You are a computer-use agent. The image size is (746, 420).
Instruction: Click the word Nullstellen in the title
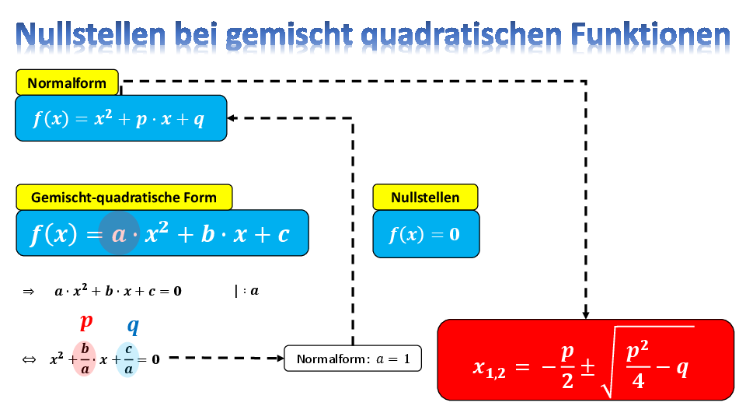pos(91,35)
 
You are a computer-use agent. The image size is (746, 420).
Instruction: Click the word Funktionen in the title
pos(650,35)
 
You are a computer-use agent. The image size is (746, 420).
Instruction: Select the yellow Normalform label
pos(67,83)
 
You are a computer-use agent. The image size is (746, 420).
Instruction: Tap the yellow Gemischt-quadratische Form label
pos(124,197)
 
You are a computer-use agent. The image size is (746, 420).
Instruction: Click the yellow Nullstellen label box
pos(425,197)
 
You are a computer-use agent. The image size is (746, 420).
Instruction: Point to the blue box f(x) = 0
pos(426,234)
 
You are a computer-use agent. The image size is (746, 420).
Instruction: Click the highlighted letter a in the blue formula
pos(118,234)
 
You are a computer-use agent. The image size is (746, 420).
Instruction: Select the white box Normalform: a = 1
pos(353,359)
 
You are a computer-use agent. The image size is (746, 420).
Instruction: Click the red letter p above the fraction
pos(86,322)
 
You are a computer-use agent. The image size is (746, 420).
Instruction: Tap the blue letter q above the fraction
pos(133,326)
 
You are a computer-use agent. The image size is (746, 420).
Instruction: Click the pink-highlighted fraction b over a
pos(85,359)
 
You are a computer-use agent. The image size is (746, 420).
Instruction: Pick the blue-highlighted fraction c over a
pos(128,359)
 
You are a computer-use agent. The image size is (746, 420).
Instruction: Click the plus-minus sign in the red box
pos(588,367)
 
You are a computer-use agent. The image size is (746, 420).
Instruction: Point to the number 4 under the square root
pos(638,381)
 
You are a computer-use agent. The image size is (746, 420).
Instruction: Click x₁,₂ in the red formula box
pos(489,368)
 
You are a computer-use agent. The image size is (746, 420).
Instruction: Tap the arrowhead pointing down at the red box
pos(586,315)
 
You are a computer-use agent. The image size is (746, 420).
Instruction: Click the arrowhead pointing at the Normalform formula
pos(232,118)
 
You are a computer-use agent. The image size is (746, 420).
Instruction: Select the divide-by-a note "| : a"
pos(247,291)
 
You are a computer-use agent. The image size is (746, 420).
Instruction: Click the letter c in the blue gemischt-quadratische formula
pos(284,234)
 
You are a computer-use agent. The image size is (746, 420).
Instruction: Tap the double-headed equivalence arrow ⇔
pos(29,359)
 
